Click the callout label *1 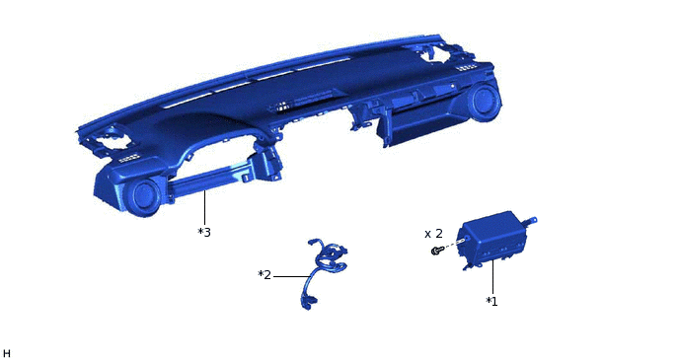click(x=491, y=301)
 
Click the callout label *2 click(x=264, y=275)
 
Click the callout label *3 click(x=204, y=233)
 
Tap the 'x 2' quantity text click(x=433, y=234)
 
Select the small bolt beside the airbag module click(x=435, y=251)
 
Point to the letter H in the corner click(x=6, y=354)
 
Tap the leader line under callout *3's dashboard click(x=204, y=209)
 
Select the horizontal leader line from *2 click(x=290, y=276)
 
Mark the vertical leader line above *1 click(x=492, y=278)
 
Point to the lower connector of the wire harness click(x=308, y=302)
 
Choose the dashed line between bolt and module click(x=452, y=245)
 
